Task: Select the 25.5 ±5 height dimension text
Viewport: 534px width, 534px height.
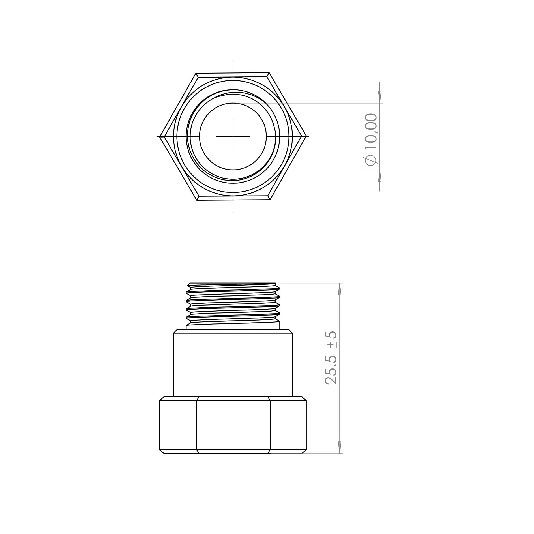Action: pyautogui.click(x=331, y=358)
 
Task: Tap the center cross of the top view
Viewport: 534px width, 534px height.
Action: pyautogui.click(x=233, y=136)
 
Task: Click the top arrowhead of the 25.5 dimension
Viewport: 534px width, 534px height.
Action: pyautogui.click(x=340, y=289)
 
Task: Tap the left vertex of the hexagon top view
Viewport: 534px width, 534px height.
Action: pyautogui.click(x=160, y=137)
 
